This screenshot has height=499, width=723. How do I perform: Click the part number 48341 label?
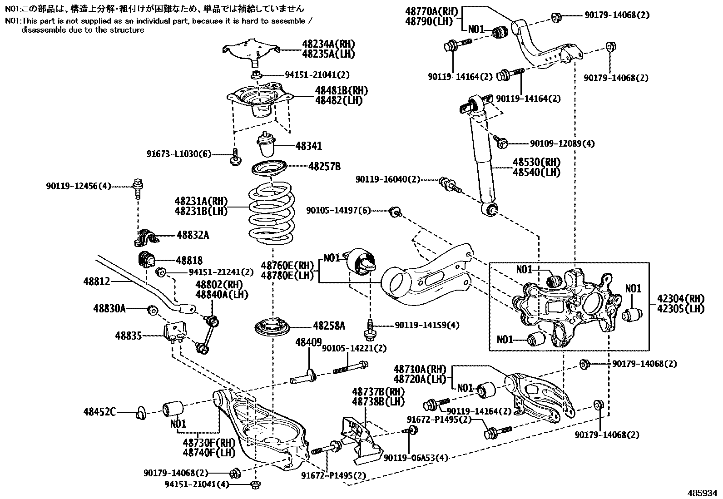tap(308, 146)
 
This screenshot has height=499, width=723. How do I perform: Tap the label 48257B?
tap(324, 167)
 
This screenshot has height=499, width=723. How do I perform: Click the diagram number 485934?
tap(703, 493)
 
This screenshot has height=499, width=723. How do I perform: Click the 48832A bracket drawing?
tap(146, 236)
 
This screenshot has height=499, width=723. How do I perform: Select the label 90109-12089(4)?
tap(562, 143)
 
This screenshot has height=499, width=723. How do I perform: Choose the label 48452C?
tap(99, 412)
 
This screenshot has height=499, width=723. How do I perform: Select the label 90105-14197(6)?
tap(338, 210)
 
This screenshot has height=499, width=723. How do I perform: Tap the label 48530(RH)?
tap(536, 162)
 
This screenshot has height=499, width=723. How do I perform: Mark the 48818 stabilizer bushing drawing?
tap(146, 259)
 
